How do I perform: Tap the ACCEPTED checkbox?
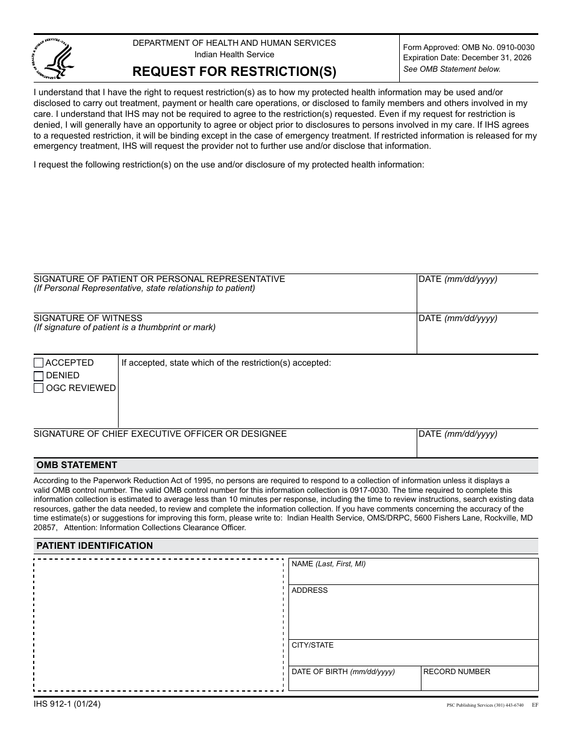point(39,363)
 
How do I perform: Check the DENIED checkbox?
point(39,375)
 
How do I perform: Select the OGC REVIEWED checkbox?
point(39,388)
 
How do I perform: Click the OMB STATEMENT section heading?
point(76,465)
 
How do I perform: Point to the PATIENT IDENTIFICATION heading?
point(95,546)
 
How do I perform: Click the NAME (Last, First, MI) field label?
point(328,564)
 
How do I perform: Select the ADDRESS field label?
point(309,590)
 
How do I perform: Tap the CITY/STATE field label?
point(312,645)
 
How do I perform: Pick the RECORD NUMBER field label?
point(457,672)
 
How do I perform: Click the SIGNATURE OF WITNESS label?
point(88,318)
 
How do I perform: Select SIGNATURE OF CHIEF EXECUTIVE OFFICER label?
point(160,434)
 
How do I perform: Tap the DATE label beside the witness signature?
point(458,318)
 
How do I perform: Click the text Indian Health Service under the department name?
point(234,55)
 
